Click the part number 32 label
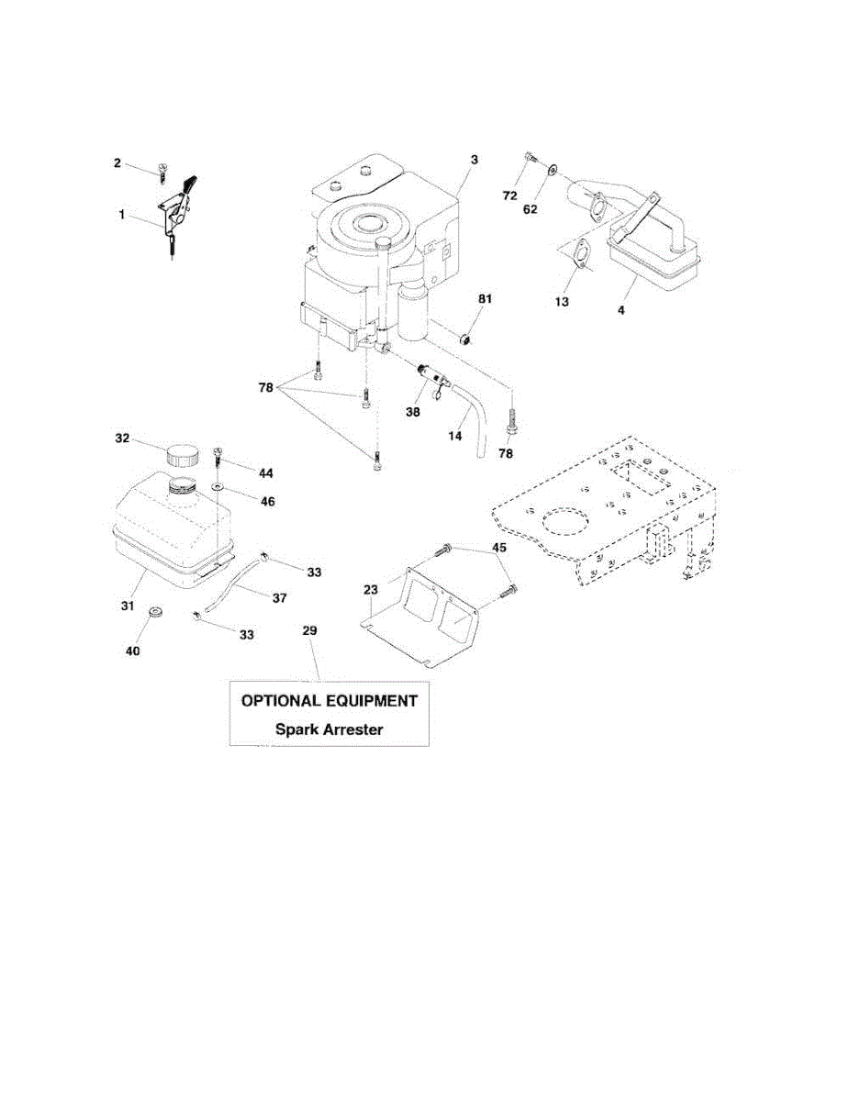[x=122, y=439]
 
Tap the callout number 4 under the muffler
[x=621, y=311]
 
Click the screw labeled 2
[x=162, y=169]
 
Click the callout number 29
[x=309, y=631]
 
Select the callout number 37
[x=279, y=598]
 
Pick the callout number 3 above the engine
[x=475, y=160]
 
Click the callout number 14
[x=454, y=438]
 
